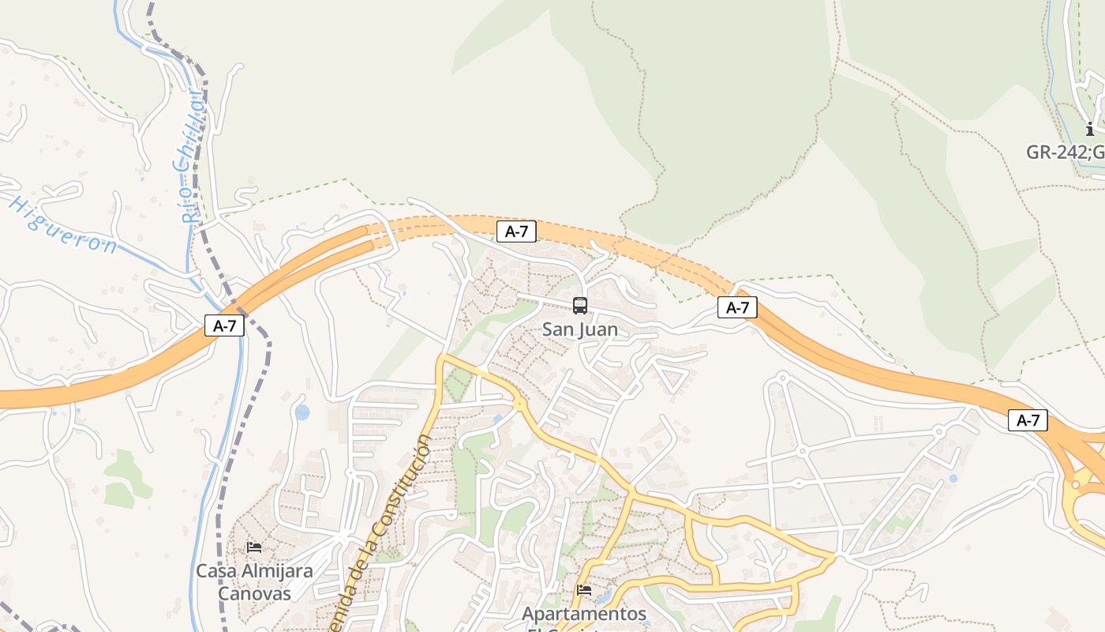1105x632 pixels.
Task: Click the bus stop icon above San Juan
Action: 580,305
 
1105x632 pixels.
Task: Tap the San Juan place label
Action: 580,329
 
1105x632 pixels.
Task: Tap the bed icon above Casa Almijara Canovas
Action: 254,547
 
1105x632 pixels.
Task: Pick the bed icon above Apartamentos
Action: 584,589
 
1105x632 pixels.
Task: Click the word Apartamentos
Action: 584,614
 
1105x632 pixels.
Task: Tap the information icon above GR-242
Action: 1090,129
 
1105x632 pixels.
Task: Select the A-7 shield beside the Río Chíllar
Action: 224,325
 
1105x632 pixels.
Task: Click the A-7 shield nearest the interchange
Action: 1028,420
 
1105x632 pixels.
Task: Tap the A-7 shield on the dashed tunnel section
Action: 516,231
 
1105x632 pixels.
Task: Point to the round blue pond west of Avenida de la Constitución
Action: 302,412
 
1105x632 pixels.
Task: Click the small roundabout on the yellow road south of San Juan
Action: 519,404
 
